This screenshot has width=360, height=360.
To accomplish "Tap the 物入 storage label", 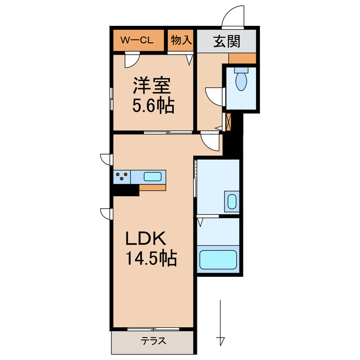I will [181, 41].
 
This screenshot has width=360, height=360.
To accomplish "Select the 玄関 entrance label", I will [227, 41].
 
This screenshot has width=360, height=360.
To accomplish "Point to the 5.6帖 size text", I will [152, 105].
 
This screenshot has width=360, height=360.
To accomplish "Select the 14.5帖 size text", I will [151, 258].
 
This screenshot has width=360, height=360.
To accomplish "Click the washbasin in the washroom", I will [231, 200].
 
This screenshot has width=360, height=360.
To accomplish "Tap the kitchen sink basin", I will [153, 177].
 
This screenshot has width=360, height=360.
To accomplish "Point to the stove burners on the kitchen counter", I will [121, 177].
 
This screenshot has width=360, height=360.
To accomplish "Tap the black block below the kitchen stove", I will [125, 190].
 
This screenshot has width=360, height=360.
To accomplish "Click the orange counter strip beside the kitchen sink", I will [152, 188].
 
